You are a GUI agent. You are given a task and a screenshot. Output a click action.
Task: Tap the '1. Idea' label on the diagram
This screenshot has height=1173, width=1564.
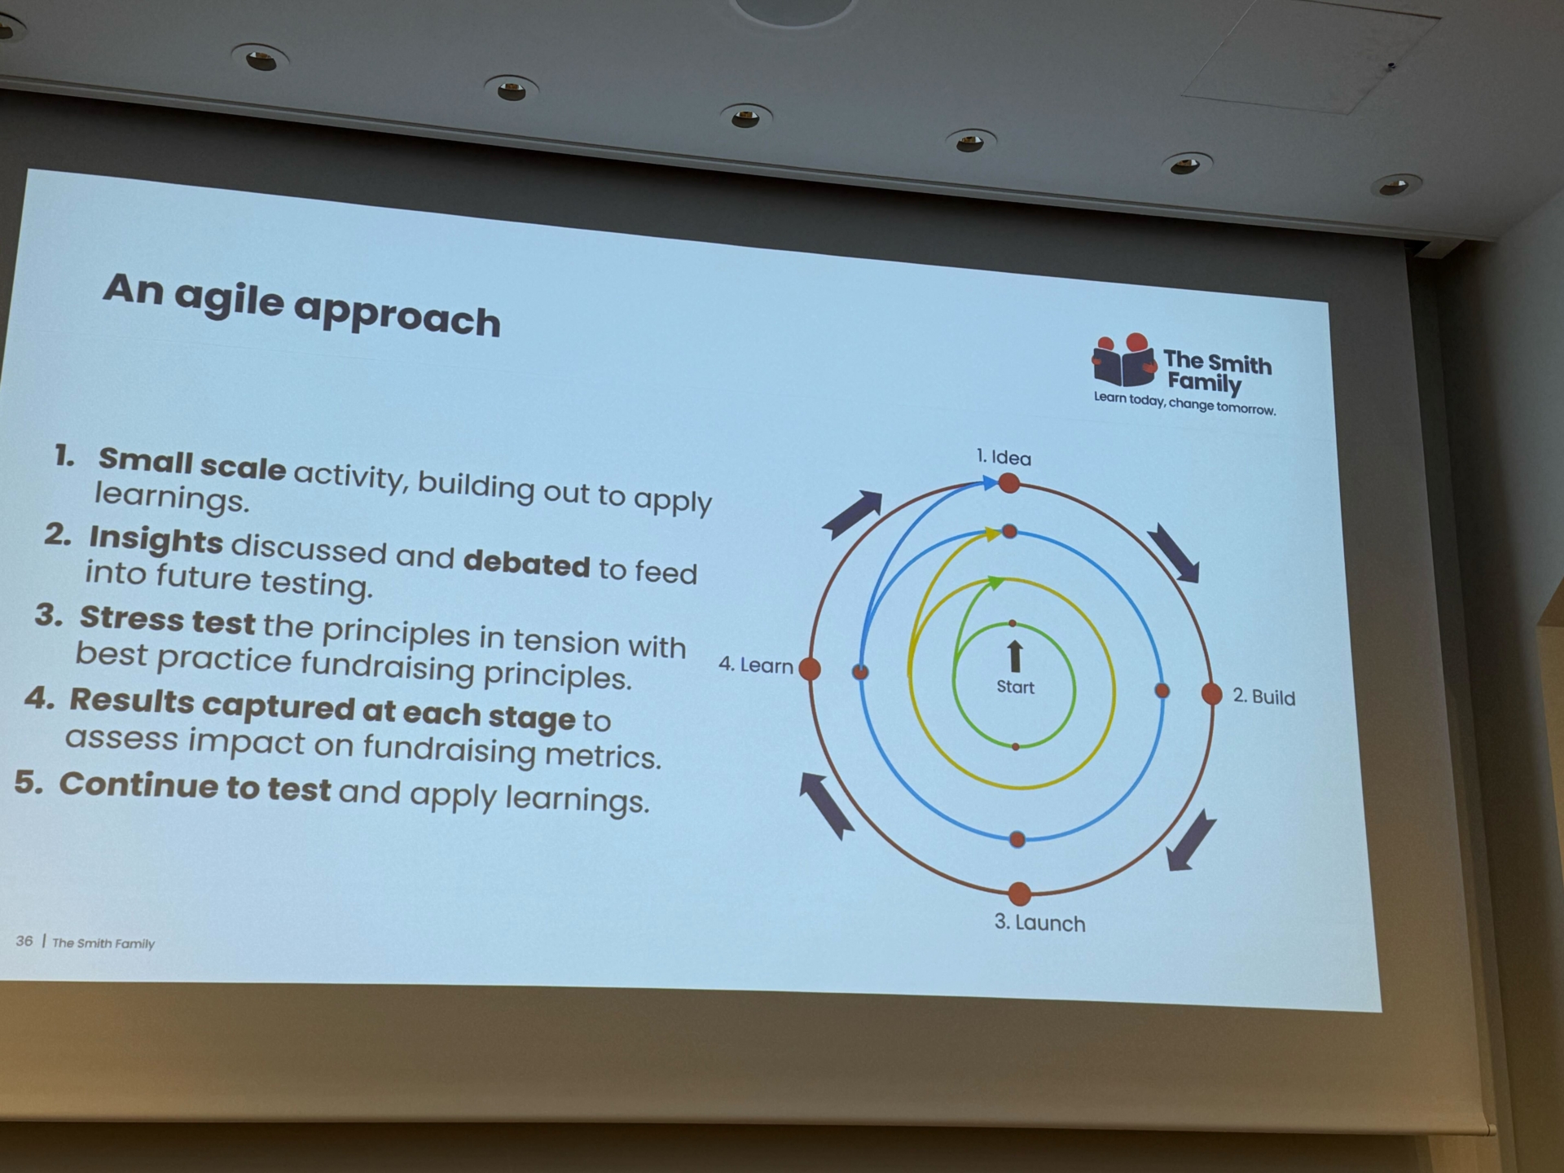pos(1004,457)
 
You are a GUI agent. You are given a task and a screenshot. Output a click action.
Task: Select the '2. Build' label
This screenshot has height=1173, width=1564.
pos(1263,696)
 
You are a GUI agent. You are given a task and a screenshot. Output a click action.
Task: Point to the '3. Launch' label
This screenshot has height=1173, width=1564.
pos(1039,922)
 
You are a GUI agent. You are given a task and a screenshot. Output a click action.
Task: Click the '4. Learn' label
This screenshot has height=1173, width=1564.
pos(755,665)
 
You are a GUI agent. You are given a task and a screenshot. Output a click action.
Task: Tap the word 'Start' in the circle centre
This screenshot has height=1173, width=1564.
pos(1015,687)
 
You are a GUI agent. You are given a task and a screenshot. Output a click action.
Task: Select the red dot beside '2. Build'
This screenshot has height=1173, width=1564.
pos(1211,694)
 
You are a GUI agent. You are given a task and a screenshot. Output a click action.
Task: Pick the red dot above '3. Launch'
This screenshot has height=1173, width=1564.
pos(1019,894)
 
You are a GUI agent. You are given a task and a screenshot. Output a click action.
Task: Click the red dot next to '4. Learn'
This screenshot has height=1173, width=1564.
pos(810,669)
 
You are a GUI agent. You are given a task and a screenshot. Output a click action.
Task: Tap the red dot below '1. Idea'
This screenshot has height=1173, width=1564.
pos(1008,483)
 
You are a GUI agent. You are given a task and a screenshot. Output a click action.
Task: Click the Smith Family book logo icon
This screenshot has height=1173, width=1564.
pos(1124,360)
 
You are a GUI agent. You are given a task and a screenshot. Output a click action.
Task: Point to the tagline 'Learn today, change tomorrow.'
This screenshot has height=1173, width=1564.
pos(1184,403)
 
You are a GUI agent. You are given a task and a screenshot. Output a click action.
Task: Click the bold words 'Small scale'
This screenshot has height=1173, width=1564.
pos(192,464)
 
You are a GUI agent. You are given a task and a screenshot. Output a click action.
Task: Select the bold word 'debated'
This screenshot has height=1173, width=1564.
pos(526,564)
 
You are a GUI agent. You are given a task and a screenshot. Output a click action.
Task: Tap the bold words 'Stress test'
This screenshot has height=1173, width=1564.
pos(167,620)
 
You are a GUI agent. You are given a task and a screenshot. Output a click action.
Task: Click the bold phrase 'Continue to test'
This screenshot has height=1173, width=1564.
pos(195,786)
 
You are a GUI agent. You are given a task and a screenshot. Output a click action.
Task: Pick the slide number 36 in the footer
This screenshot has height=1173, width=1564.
pos(24,941)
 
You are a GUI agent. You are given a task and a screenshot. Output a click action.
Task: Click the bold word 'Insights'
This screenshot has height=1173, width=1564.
pos(156,539)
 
